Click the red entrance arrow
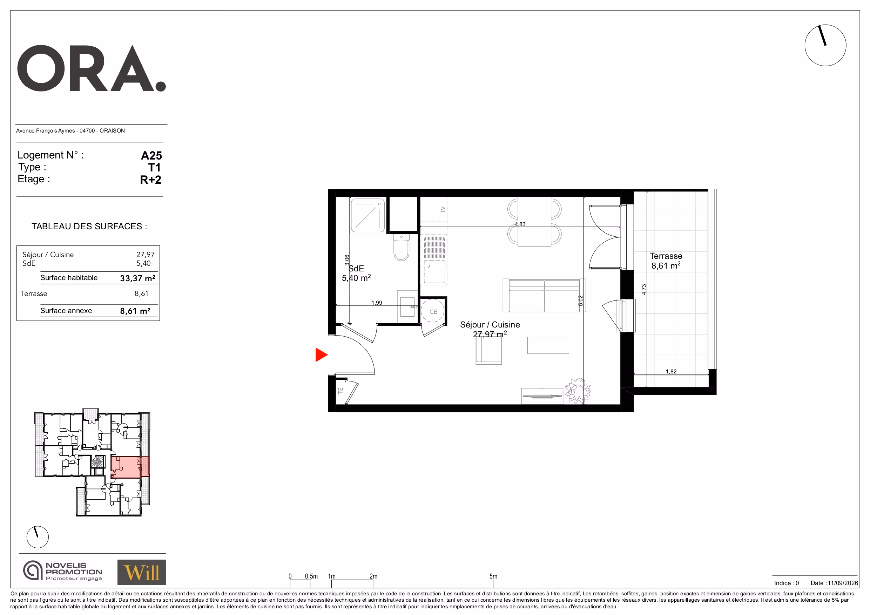[321, 355]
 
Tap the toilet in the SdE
[401, 248]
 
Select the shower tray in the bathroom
[367, 216]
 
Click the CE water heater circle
[433, 311]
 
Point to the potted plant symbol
[578, 390]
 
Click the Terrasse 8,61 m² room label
[666, 261]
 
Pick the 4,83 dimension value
[520, 224]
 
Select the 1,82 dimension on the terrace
[671, 371]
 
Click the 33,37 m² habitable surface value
[137, 278]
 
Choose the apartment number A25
[151, 155]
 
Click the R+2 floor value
[150, 180]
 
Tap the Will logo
[141, 572]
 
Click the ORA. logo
[92, 69]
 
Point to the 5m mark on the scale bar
[493, 576]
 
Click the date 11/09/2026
[843, 583]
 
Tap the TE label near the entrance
[340, 390]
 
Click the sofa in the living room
[544, 296]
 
